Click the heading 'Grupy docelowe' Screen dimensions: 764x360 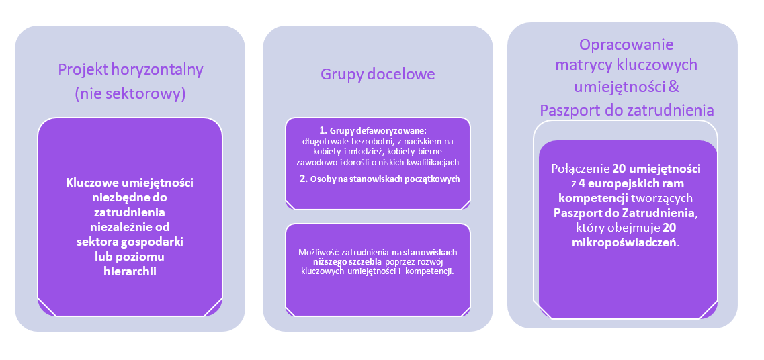(x=378, y=75)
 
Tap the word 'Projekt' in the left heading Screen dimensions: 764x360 (x=83, y=70)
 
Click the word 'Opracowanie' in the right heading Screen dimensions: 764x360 (x=626, y=45)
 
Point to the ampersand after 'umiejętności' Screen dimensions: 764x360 (x=675, y=87)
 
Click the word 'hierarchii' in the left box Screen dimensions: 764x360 (x=130, y=271)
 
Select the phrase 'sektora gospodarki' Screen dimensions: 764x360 (x=130, y=242)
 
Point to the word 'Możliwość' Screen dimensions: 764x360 (x=319, y=252)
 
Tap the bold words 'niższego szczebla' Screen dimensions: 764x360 (x=345, y=261)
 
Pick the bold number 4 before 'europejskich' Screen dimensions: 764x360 (x=581, y=183)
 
